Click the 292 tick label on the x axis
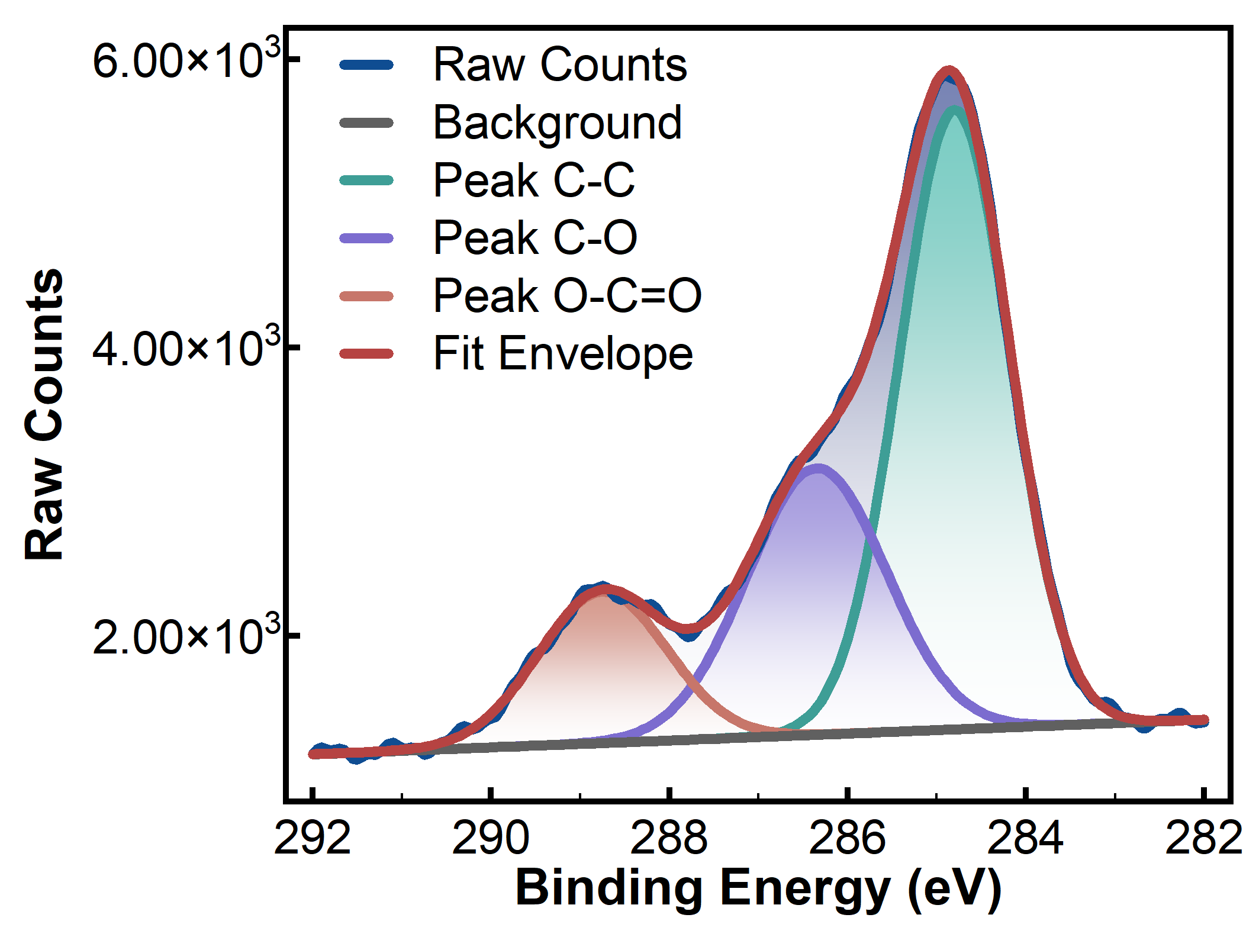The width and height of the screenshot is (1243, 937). click(x=313, y=838)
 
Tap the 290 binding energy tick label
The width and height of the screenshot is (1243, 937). click(x=491, y=838)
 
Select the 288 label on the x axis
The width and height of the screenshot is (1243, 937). click(x=669, y=838)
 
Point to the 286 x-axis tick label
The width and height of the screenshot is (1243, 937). click(x=847, y=838)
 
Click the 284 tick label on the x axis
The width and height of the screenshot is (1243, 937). click(x=1025, y=838)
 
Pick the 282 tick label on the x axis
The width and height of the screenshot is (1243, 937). click(x=1203, y=838)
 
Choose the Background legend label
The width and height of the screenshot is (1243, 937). click(x=558, y=123)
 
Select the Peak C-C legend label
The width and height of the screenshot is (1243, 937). click(x=534, y=179)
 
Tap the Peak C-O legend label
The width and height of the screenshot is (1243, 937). click(x=535, y=237)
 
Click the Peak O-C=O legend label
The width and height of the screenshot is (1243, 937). click(x=568, y=295)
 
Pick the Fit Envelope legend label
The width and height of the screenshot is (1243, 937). click(x=563, y=354)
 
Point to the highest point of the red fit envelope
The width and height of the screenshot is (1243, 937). click(x=949, y=71)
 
